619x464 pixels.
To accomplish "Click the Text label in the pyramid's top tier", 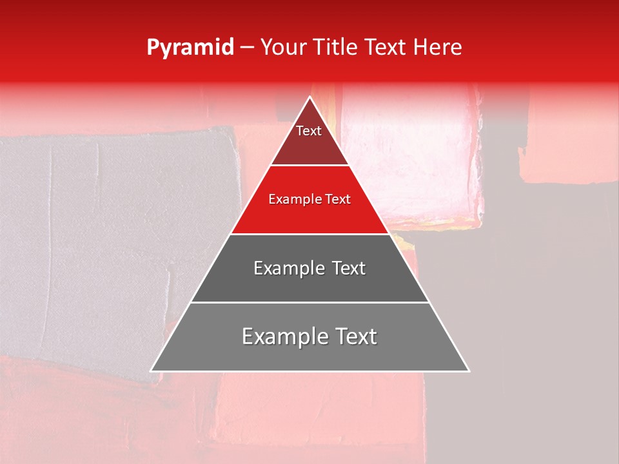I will (x=309, y=131).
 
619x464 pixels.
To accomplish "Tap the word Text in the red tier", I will (x=337, y=200).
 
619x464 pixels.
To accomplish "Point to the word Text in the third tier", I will (x=348, y=268).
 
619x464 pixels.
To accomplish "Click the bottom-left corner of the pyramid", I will (x=152, y=371).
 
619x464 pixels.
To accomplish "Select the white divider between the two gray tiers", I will (x=310, y=302).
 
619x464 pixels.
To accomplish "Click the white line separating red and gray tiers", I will (x=310, y=234).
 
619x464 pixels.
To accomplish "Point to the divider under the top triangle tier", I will (x=310, y=166).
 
